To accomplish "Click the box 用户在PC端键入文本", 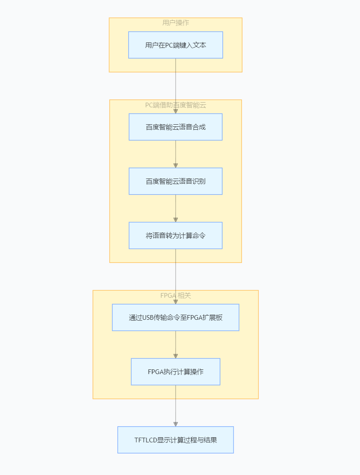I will click(x=175, y=45).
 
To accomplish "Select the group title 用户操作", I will click(x=175, y=23).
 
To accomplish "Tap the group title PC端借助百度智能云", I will click(x=175, y=105).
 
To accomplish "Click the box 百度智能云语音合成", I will click(x=175, y=127).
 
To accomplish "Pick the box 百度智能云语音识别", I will click(x=175, y=181).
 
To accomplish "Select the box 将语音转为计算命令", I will click(x=175, y=235).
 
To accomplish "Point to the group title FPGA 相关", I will click(x=175, y=296).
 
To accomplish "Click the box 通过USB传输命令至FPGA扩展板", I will click(x=175, y=317).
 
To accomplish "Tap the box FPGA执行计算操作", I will click(x=175, y=372).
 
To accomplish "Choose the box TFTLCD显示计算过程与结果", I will click(x=175, y=440).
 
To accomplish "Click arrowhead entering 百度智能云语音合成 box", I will click(x=175, y=111).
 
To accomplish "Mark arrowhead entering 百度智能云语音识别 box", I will click(x=175, y=165).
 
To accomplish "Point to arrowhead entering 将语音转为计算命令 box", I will click(x=175, y=220).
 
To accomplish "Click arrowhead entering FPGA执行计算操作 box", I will click(x=175, y=356).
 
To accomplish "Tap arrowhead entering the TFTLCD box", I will click(x=175, y=424).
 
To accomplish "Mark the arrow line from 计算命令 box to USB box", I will click(x=175, y=276).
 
